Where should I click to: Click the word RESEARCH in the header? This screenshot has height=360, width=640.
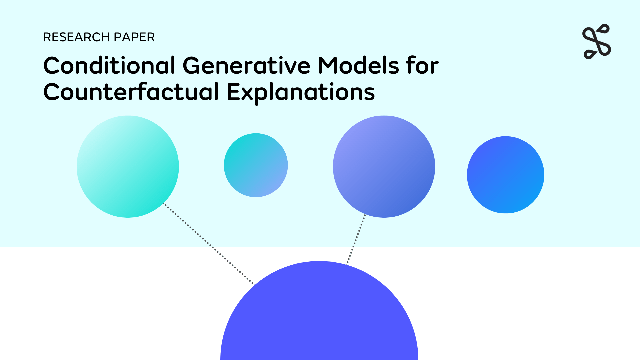(x=76, y=37)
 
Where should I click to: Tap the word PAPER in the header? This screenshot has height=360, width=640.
(x=134, y=37)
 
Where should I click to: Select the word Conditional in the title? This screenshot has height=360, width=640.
(x=109, y=65)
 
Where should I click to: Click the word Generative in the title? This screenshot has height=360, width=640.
(x=247, y=65)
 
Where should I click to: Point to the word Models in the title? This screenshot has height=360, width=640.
(x=358, y=65)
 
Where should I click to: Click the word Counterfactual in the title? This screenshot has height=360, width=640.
(x=131, y=92)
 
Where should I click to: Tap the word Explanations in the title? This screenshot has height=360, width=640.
(x=301, y=92)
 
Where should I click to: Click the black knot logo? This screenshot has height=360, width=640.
(x=597, y=42)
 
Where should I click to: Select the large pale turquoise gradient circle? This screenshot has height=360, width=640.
(x=128, y=167)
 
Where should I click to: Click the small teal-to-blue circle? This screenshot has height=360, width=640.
(x=256, y=165)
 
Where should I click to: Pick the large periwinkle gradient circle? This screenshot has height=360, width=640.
(x=384, y=167)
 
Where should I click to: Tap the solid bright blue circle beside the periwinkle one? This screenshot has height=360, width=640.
(x=505, y=175)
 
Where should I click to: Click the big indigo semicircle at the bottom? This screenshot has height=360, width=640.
(x=319, y=317)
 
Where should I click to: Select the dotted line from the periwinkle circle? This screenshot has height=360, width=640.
(x=356, y=239)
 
